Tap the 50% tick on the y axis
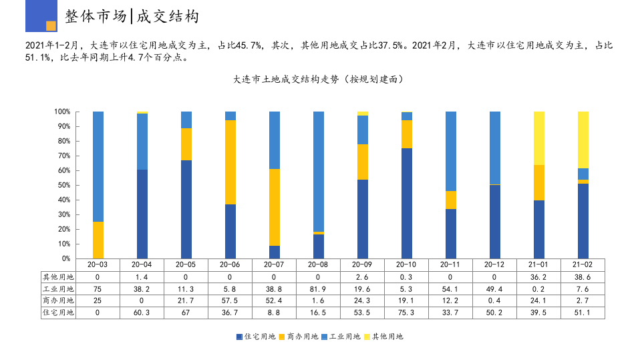[62, 185]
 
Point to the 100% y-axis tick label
[61, 112]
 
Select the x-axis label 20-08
[318, 265]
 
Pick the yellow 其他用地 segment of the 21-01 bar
[538, 138]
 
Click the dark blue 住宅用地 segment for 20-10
[406, 203]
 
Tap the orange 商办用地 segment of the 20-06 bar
[230, 162]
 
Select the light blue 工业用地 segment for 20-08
[318, 171]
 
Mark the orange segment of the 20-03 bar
[98, 240]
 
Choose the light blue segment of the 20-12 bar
[494, 147]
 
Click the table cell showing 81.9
[318, 289]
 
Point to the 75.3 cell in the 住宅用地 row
[406, 313]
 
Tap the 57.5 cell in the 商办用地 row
[230, 301]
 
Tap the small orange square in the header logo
[51, 26]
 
